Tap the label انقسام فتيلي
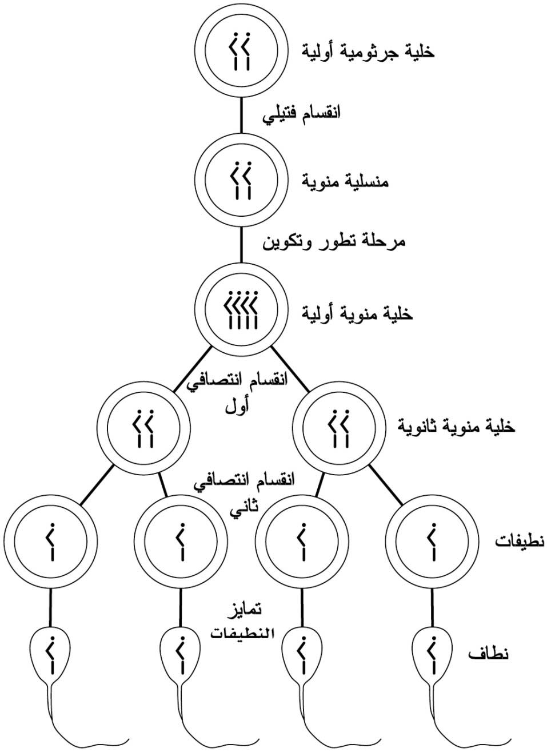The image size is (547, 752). (x=301, y=114)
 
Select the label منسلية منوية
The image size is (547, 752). (x=345, y=182)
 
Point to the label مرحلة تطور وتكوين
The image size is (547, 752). (x=334, y=242)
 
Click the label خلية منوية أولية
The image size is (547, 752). (x=357, y=313)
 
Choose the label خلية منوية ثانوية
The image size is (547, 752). (x=456, y=426)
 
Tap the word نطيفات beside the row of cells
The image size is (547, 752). (x=520, y=542)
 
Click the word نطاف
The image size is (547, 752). (x=488, y=654)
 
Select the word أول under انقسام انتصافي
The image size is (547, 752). (x=237, y=407)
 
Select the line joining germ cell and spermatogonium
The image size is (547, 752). (x=241, y=115)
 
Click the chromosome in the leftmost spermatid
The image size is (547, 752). (x=50, y=541)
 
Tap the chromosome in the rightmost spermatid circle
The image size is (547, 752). (x=432, y=541)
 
